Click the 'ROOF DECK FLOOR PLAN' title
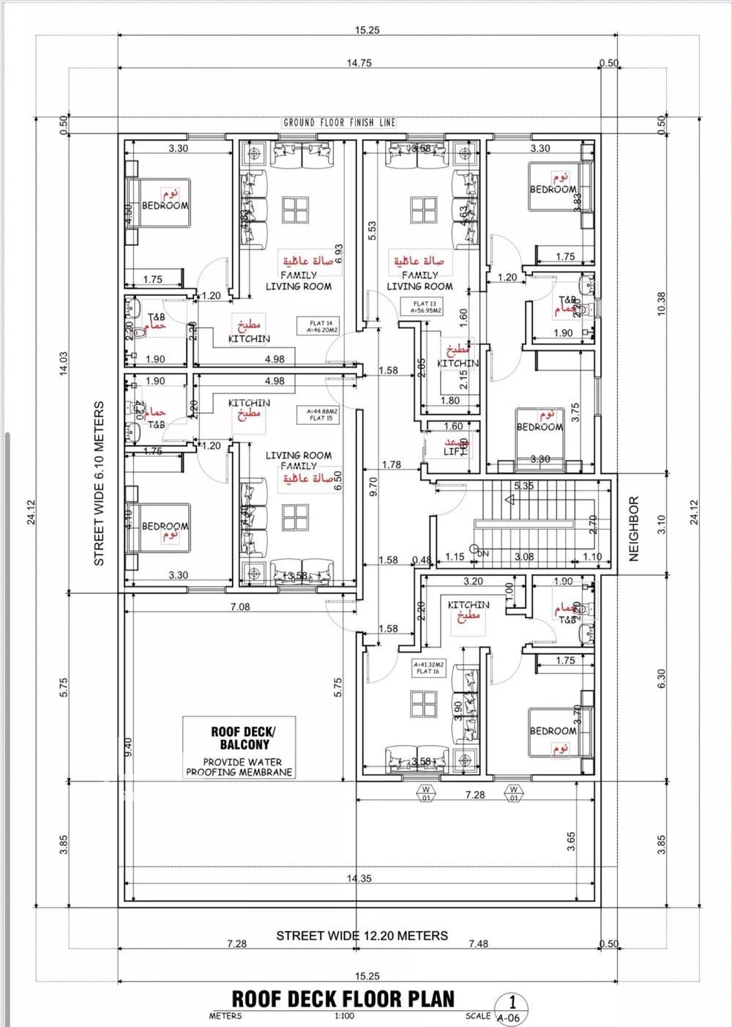point(343,999)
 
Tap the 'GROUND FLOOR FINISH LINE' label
point(339,123)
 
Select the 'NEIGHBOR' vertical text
point(634,529)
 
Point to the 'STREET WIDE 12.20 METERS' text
point(362,935)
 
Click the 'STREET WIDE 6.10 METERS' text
point(100,483)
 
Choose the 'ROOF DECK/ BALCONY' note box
point(239,747)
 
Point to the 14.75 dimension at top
point(359,63)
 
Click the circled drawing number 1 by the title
point(512,1002)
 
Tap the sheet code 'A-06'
point(509,1017)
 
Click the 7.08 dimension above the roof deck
point(239,607)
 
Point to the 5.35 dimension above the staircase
point(523,486)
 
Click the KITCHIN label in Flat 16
point(468,605)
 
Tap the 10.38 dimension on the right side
point(661,303)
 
